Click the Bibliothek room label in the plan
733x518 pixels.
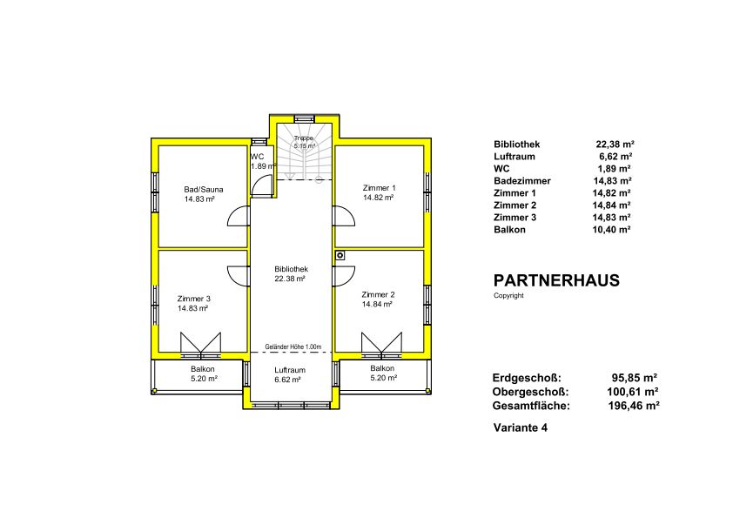pyautogui.click(x=291, y=269)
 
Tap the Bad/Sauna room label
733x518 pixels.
pyautogui.click(x=204, y=189)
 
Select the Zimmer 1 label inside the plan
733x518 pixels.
pyautogui.click(x=379, y=188)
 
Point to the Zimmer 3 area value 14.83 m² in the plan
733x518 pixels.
pyautogui.click(x=192, y=308)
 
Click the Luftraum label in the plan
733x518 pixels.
pyautogui.click(x=290, y=370)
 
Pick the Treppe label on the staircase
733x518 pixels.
pyautogui.click(x=304, y=138)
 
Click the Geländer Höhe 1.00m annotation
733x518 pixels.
pyautogui.click(x=293, y=346)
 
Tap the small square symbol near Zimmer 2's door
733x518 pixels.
pyautogui.click(x=340, y=255)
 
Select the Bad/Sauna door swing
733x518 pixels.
pyautogui.click(x=238, y=216)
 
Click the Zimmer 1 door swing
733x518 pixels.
pyautogui.click(x=344, y=216)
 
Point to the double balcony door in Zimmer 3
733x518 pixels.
pyautogui.click(x=200, y=344)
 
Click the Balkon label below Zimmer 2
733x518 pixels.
pyautogui.click(x=382, y=368)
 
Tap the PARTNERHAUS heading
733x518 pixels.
pyautogui.click(x=556, y=280)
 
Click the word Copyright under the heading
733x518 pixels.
pyautogui.click(x=508, y=295)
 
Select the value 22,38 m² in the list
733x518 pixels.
pyautogui.click(x=615, y=145)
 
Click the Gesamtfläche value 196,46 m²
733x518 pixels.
pyautogui.click(x=634, y=406)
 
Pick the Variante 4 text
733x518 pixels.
pyautogui.click(x=521, y=427)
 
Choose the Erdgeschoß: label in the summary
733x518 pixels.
pyautogui.click(x=527, y=378)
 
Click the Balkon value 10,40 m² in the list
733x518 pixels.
pyautogui.click(x=611, y=230)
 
